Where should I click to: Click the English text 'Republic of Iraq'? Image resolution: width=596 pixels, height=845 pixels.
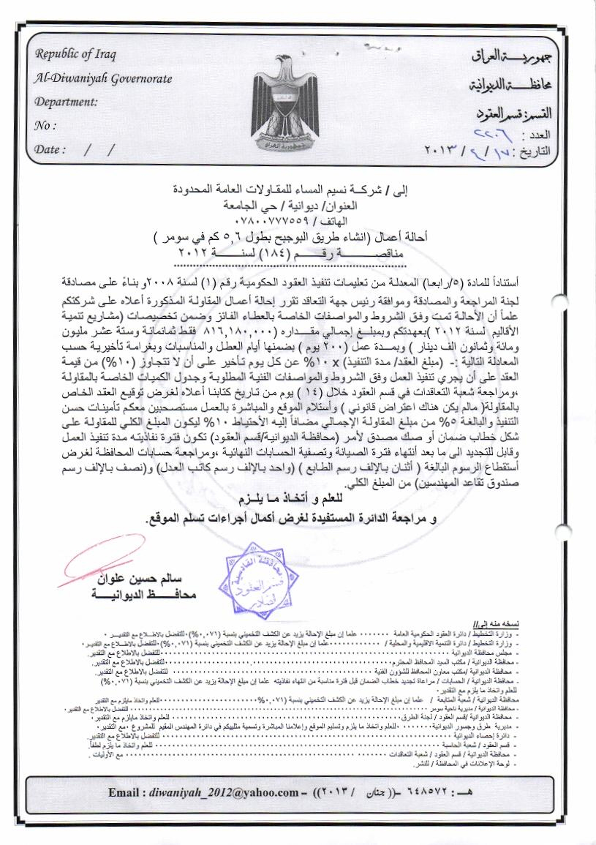[75, 56]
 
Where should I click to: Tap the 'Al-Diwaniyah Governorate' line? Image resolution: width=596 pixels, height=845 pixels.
[102, 78]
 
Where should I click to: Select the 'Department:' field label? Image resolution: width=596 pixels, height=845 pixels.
[66, 102]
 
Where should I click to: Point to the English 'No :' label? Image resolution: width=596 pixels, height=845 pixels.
[45, 125]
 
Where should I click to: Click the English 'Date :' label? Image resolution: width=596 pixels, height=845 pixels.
[50, 149]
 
